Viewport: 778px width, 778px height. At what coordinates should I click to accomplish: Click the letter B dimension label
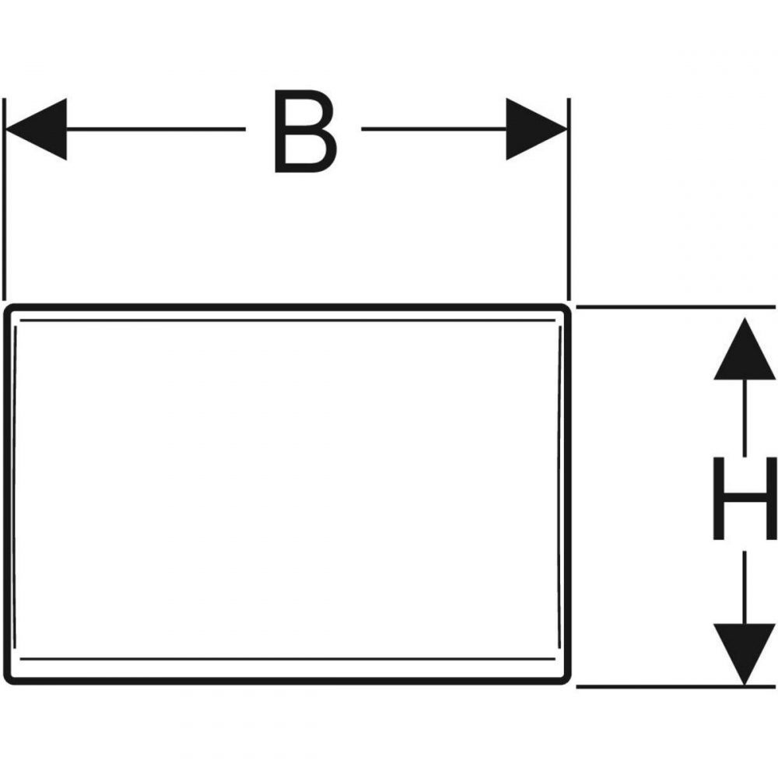click(x=306, y=130)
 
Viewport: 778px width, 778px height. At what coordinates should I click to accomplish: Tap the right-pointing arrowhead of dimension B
click(x=536, y=129)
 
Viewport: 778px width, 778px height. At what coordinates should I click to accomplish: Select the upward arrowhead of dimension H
click(x=745, y=349)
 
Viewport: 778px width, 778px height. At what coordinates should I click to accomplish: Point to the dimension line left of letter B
click(x=156, y=129)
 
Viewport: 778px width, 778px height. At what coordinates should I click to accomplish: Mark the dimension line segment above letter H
click(x=745, y=416)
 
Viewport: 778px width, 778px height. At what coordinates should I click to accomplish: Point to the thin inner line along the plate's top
click(x=288, y=320)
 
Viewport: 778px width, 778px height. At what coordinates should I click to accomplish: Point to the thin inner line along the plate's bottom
click(x=288, y=659)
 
